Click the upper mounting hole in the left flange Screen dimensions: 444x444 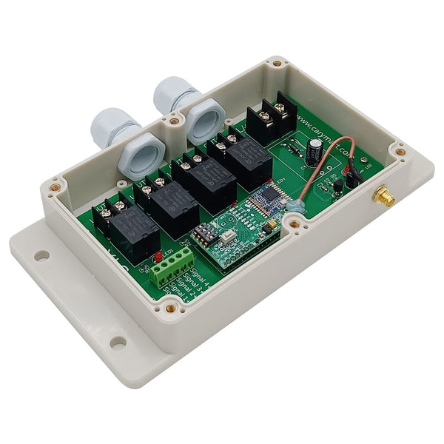coord(41,255)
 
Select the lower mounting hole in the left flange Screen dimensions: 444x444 coord(118,342)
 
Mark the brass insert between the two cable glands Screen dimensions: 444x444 coord(174,121)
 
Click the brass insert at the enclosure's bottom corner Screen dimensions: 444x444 coord(171,308)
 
